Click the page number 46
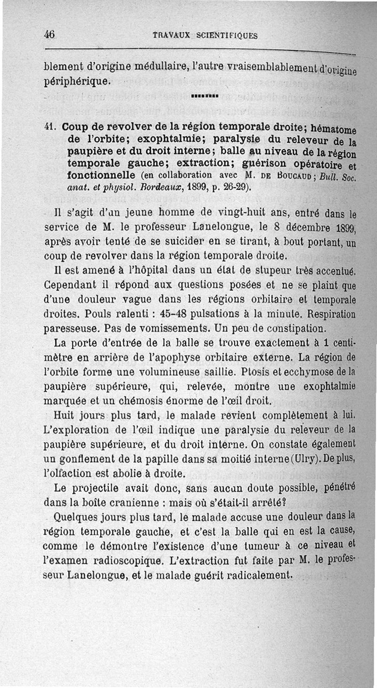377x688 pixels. click(x=49, y=34)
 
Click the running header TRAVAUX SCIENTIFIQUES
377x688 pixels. click(x=205, y=35)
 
